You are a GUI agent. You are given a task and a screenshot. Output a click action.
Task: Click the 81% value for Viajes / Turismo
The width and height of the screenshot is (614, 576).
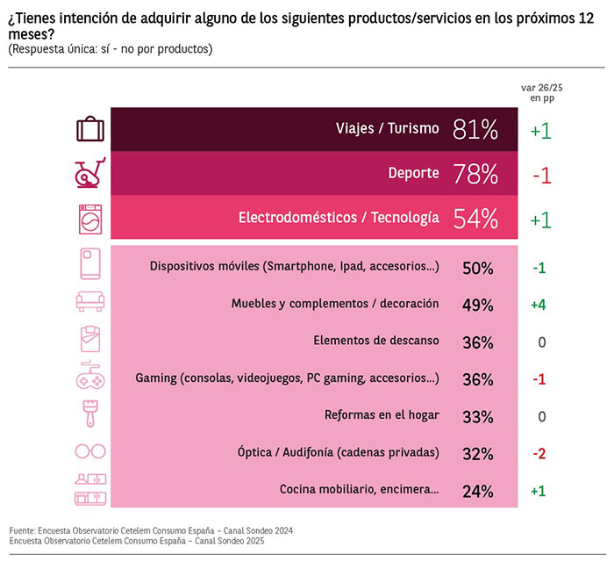tap(475, 130)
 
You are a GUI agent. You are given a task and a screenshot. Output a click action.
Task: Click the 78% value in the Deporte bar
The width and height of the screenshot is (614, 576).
tap(475, 174)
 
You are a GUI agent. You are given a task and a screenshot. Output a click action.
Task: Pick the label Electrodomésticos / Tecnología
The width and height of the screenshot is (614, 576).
tap(339, 218)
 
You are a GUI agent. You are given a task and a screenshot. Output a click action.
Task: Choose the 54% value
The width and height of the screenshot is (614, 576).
tap(475, 218)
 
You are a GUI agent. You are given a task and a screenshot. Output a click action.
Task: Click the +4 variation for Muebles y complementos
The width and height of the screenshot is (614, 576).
tap(539, 304)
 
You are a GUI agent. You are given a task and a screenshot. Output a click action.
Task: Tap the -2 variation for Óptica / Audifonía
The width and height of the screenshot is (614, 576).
tap(539, 453)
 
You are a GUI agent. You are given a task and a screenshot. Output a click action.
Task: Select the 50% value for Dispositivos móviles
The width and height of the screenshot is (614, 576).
tap(477, 267)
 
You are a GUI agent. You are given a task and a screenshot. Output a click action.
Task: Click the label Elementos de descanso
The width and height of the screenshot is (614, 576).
tap(375, 341)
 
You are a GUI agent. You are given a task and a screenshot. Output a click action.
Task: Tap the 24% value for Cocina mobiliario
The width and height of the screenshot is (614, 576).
tap(477, 490)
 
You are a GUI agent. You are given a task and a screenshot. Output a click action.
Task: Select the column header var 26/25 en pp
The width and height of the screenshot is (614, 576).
tap(540, 93)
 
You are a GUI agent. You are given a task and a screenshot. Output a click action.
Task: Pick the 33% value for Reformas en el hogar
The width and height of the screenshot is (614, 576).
tap(477, 415)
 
